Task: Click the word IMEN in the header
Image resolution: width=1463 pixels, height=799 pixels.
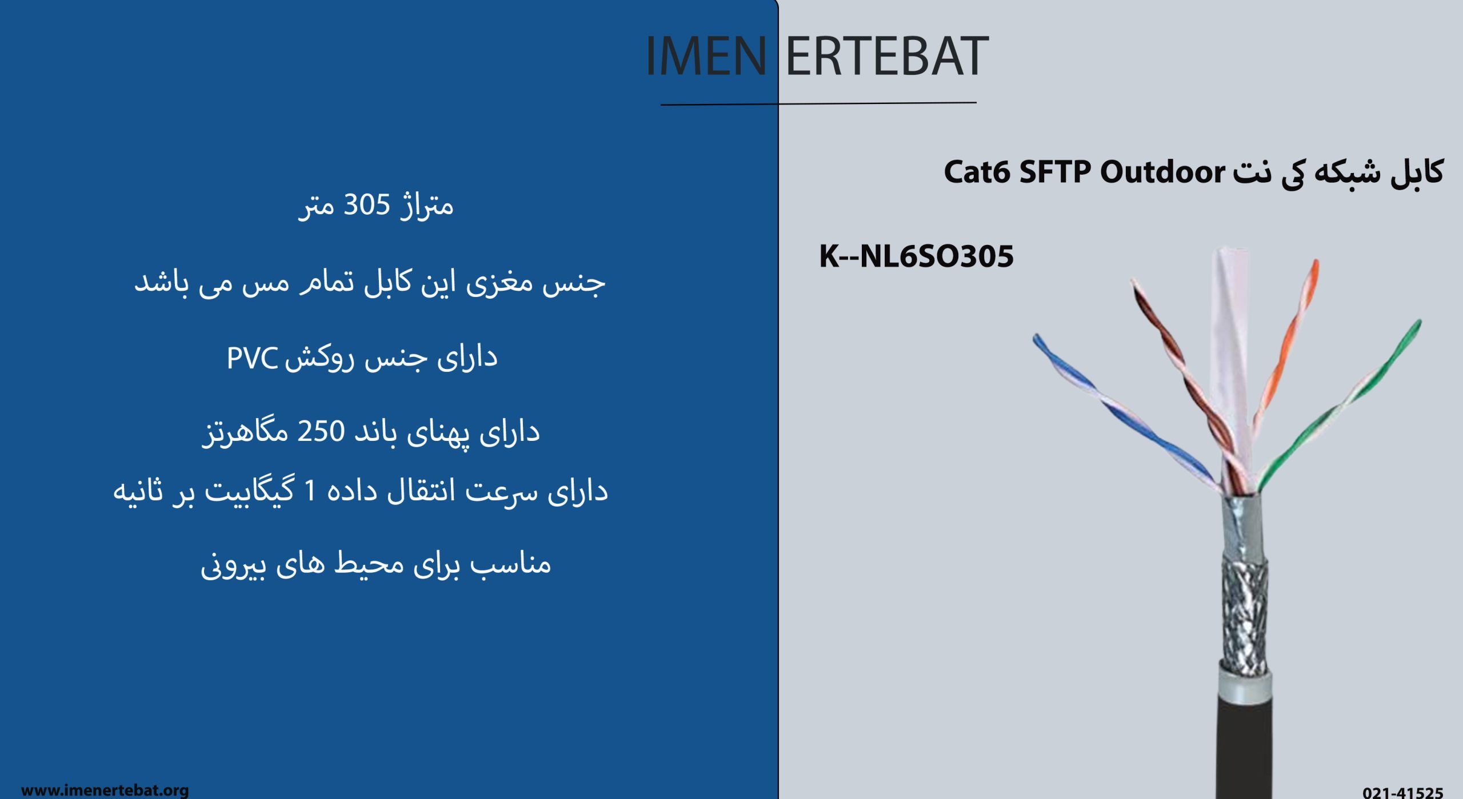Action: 706,55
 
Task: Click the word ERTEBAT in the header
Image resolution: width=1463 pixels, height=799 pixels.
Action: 888,55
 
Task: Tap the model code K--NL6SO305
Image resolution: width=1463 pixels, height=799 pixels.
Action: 916,256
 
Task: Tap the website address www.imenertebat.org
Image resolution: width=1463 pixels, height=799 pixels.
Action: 105,790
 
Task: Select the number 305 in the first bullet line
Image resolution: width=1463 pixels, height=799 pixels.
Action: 366,204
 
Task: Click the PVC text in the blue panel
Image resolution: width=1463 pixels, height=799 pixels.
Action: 252,358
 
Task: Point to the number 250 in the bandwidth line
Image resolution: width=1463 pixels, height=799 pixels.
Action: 321,431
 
